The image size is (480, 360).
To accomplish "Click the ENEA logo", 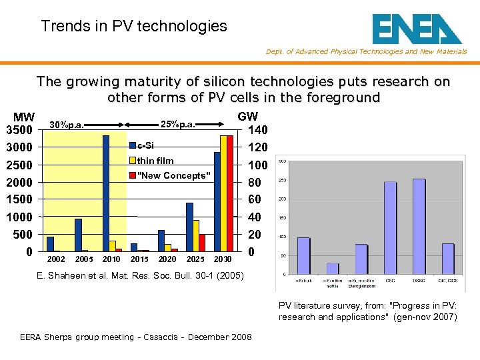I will [417, 29].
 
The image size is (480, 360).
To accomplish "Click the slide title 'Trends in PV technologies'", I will [134, 27].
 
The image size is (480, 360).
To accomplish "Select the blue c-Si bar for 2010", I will [106, 193].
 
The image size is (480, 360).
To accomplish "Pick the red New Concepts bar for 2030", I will [230, 193].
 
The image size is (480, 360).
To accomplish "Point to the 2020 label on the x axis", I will [167, 259].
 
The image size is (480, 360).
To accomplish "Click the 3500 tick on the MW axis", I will [19, 129].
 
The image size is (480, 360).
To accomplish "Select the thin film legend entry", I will [155, 161].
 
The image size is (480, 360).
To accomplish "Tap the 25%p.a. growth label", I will [178, 124].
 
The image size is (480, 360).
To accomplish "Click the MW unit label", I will [24, 117].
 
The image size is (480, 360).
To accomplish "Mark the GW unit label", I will [247, 117].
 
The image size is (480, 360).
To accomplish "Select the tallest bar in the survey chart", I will [419, 226].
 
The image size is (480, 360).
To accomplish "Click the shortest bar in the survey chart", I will [332, 268].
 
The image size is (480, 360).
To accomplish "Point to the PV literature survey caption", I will [368, 311].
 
